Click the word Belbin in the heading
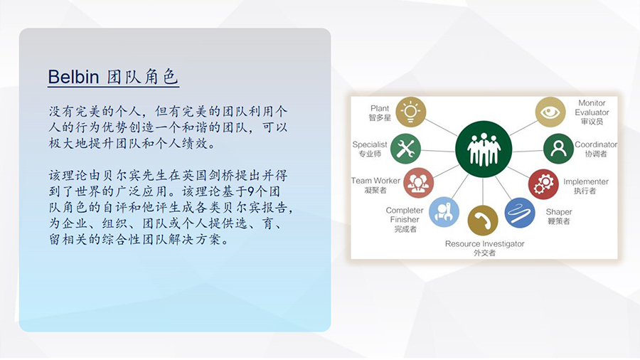(73, 77)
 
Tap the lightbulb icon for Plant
(410, 112)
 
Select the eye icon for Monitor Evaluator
(550, 112)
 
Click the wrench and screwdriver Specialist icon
(405, 149)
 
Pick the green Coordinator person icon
(558, 149)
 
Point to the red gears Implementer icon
(543, 184)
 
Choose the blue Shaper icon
(520, 213)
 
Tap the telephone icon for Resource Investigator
(482, 221)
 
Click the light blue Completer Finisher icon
(444, 212)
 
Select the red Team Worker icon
(418, 183)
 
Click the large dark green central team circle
(484, 149)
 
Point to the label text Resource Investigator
(484, 243)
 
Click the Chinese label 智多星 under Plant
(380, 117)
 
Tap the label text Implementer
(586, 181)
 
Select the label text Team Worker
(375, 181)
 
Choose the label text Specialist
(370, 144)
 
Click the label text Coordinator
(596, 144)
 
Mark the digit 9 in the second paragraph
(252, 191)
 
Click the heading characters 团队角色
(143, 77)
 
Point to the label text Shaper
(559, 212)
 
